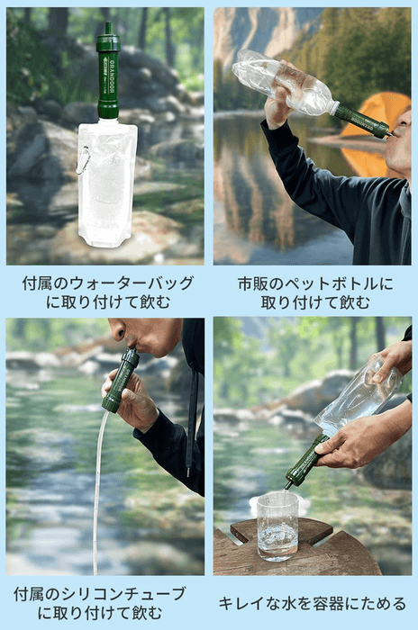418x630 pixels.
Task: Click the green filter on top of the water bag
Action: pyautogui.click(x=108, y=76)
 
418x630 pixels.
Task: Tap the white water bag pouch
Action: pyautogui.click(x=106, y=184)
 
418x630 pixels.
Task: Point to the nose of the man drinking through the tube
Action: pyautogui.click(x=118, y=335)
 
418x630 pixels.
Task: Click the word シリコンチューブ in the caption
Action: pyautogui.click(x=123, y=594)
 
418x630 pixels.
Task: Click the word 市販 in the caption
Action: pyautogui.click(x=253, y=283)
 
